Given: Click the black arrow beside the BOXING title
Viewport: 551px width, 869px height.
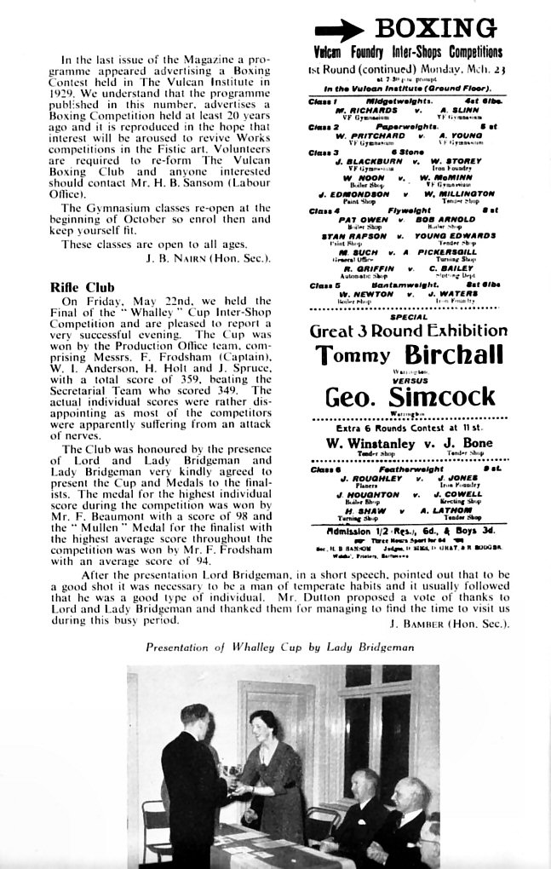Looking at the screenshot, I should (339, 31).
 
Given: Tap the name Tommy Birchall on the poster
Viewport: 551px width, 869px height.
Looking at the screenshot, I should (408, 356).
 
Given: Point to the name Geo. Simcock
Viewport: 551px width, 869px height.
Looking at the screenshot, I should (409, 397).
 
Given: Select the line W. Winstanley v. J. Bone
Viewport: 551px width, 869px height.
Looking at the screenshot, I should (408, 443).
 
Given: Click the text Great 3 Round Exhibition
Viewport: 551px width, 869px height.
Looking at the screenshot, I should (408, 331).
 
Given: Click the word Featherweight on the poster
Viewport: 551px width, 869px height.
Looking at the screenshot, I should (409, 469).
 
